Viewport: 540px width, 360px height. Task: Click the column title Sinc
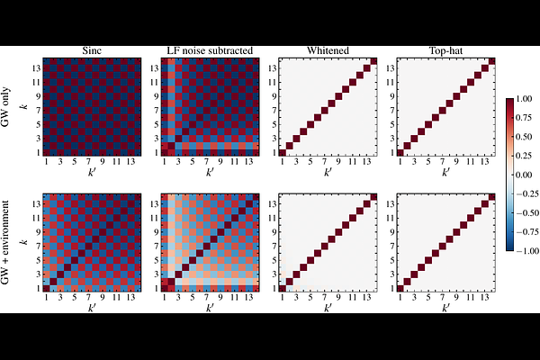point(92,52)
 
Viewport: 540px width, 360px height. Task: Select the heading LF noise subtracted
point(209,52)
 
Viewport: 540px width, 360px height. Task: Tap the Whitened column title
point(326,52)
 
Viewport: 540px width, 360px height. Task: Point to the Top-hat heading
point(443,52)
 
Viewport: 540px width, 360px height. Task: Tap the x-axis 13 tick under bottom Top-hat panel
point(481,300)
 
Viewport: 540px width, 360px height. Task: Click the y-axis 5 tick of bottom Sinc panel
point(38,261)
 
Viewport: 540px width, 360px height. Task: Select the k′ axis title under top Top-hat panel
point(443,173)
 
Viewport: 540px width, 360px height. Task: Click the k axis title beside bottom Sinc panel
point(24,243)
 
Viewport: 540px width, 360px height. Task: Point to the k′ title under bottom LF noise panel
point(209,309)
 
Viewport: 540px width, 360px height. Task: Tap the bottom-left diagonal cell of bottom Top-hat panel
point(400,289)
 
